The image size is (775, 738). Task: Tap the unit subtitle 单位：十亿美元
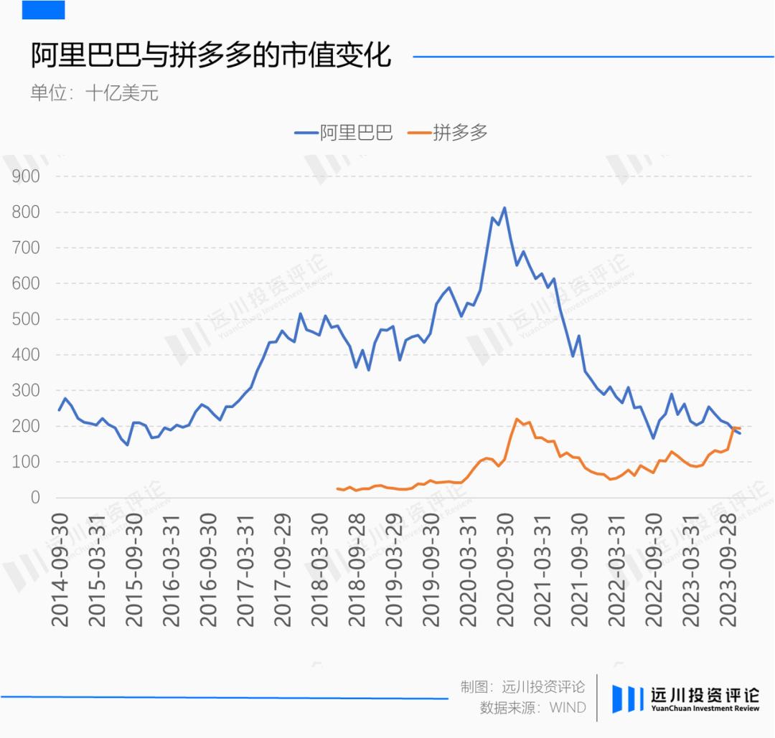click(93, 93)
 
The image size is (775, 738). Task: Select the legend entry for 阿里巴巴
click(344, 133)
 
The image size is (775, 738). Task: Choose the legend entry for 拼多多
click(448, 133)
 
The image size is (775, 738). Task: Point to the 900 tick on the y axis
click(26, 176)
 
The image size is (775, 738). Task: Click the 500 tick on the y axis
click(26, 319)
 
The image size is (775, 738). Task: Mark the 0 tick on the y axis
click(34, 498)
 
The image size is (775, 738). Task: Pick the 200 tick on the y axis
click(26, 426)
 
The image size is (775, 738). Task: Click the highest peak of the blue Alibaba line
click(504, 208)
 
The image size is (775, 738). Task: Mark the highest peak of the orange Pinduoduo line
click(517, 419)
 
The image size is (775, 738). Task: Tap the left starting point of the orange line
click(337, 489)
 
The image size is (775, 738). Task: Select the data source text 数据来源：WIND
click(532, 708)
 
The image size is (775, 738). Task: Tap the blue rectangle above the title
click(43, 9)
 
